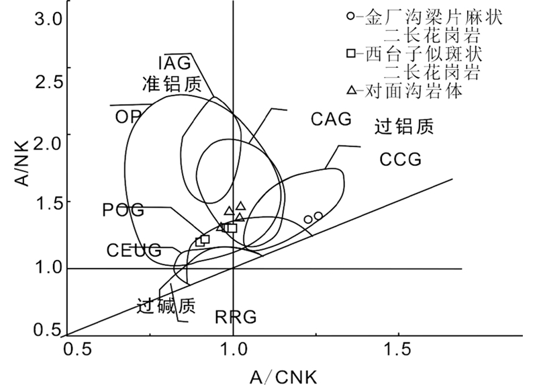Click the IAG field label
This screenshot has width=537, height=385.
point(175,63)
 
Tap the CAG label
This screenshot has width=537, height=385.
point(331,120)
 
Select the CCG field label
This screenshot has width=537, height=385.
point(400,160)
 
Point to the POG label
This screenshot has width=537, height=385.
point(123,210)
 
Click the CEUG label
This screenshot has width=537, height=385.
point(134,251)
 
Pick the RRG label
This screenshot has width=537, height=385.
point(236,316)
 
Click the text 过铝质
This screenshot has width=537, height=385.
point(404,126)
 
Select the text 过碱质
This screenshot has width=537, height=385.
point(166,306)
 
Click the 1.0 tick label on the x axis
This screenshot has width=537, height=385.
point(233,351)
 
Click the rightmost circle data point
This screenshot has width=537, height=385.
point(318,216)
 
